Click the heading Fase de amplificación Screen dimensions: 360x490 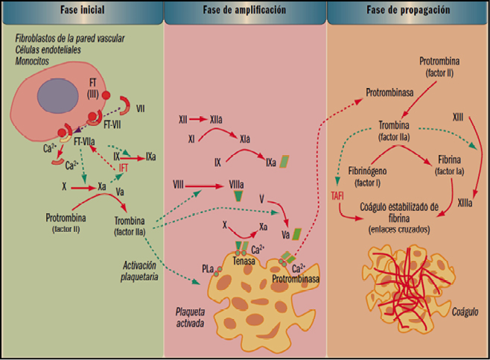pyautogui.click(x=246, y=12)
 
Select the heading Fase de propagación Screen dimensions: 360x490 pyautogui.click(x=407, y=12)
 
